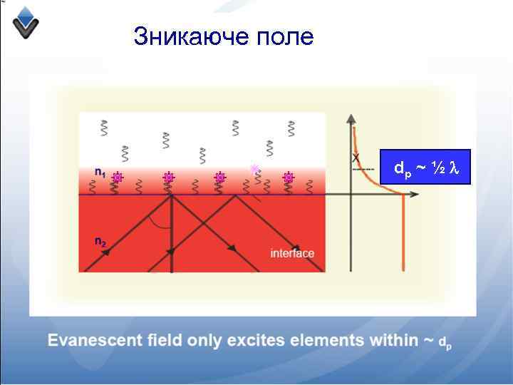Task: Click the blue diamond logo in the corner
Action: click(26, 21)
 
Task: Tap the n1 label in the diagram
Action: click(100, 172)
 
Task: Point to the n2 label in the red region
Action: click(100, 242)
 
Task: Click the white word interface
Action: click(292, 254)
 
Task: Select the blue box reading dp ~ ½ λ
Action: click(425, 168)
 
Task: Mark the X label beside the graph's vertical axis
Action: click(356, 157)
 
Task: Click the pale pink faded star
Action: click(254, 169)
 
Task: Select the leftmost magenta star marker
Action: click(118, 178)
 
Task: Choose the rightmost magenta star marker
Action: click(289, 178)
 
